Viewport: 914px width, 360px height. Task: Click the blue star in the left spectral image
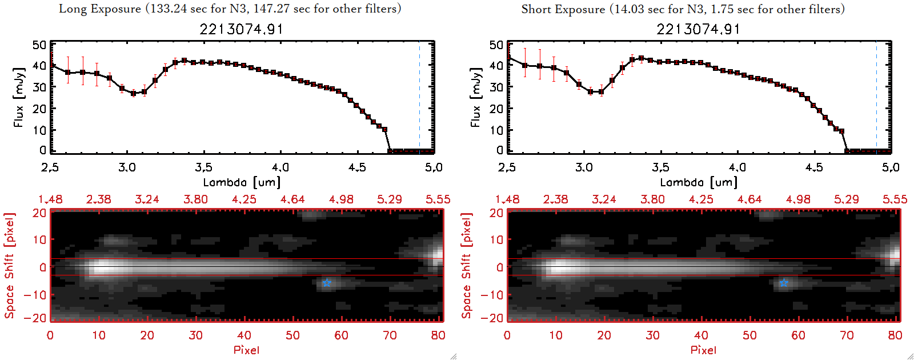(x=326, y=283)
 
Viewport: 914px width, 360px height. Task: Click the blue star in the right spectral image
(x=784, y=283)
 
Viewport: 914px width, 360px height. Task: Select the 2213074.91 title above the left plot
(x=241, y=29)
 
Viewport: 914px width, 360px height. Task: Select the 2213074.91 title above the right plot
(x=698, y=29)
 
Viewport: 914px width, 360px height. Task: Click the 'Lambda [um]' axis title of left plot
(x=242, y=182)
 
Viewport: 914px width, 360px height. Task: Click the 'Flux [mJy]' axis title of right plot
(x=475, y=97)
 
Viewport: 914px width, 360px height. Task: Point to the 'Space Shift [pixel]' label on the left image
(x=9, y=266)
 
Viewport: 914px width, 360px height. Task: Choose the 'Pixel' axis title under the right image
(x=703, y=350)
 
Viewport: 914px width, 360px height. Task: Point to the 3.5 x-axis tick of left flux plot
(x=203, y=167)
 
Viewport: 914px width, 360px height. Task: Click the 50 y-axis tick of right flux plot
(x=496, y=45)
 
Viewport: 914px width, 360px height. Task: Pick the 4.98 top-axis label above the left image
(x=341, y=199)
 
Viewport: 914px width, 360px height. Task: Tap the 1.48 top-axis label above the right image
(x=507, y=199)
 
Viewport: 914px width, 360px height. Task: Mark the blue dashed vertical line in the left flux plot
(x=419, y=97)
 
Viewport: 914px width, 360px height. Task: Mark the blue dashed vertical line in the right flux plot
(x=876, y=97)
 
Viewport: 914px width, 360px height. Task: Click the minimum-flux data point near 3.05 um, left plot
(x=134, y=93)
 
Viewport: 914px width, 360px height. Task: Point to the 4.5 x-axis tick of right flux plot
(x=814, y=167)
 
